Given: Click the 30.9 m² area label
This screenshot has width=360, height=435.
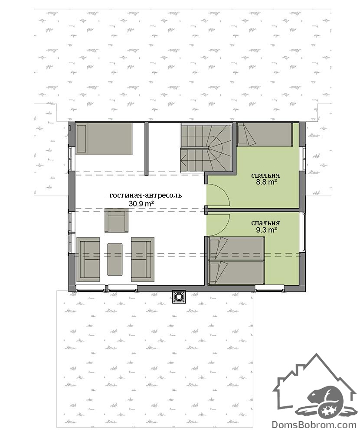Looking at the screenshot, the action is pos(141,204).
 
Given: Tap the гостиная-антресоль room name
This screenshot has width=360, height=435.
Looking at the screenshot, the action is pos(146,195).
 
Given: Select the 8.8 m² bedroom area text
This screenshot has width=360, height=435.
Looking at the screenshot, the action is pos(265,182).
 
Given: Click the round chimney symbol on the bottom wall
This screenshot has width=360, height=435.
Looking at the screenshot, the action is pos(179,297).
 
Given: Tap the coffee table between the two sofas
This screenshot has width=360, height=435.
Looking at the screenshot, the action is pos(115,260).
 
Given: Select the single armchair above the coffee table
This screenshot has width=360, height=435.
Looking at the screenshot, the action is pos(117,221).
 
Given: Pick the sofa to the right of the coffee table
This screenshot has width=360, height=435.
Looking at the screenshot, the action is pos(143,260).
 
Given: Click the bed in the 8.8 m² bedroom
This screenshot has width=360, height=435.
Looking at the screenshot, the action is pos(265,135).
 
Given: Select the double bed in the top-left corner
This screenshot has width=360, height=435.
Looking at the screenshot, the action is pos(104,139).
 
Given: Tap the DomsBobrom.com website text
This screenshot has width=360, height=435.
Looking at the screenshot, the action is pos(314,425).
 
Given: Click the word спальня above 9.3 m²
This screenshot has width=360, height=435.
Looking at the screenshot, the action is pos(265,223).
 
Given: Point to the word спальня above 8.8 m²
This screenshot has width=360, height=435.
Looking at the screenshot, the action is pos(265,175).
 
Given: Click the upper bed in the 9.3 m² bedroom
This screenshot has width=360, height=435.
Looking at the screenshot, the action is pos(236,249).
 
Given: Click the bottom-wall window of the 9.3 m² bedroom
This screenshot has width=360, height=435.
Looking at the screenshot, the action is pos(270,288).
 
